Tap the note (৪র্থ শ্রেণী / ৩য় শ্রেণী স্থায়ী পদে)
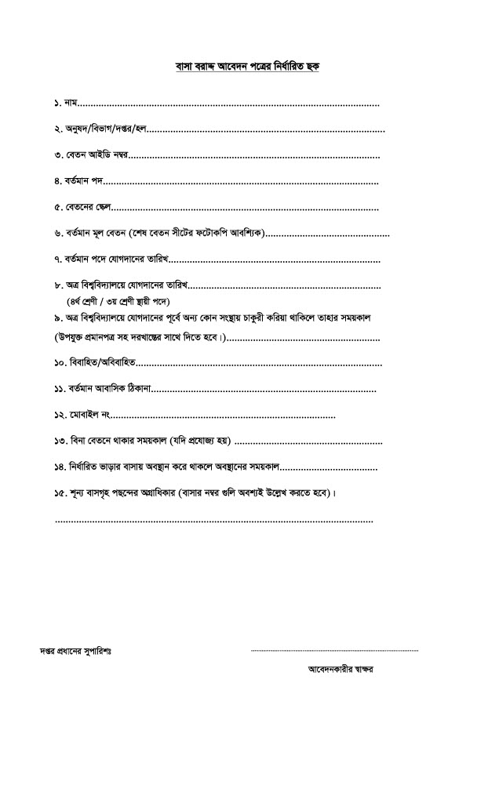click(x=118, y=301)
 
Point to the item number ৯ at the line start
click(x=58, y=318)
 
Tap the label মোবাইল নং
click(x=93, y=415)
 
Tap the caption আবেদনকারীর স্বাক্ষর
click(x=341, y=670)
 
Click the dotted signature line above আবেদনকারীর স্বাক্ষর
click(x=334, y=651)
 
